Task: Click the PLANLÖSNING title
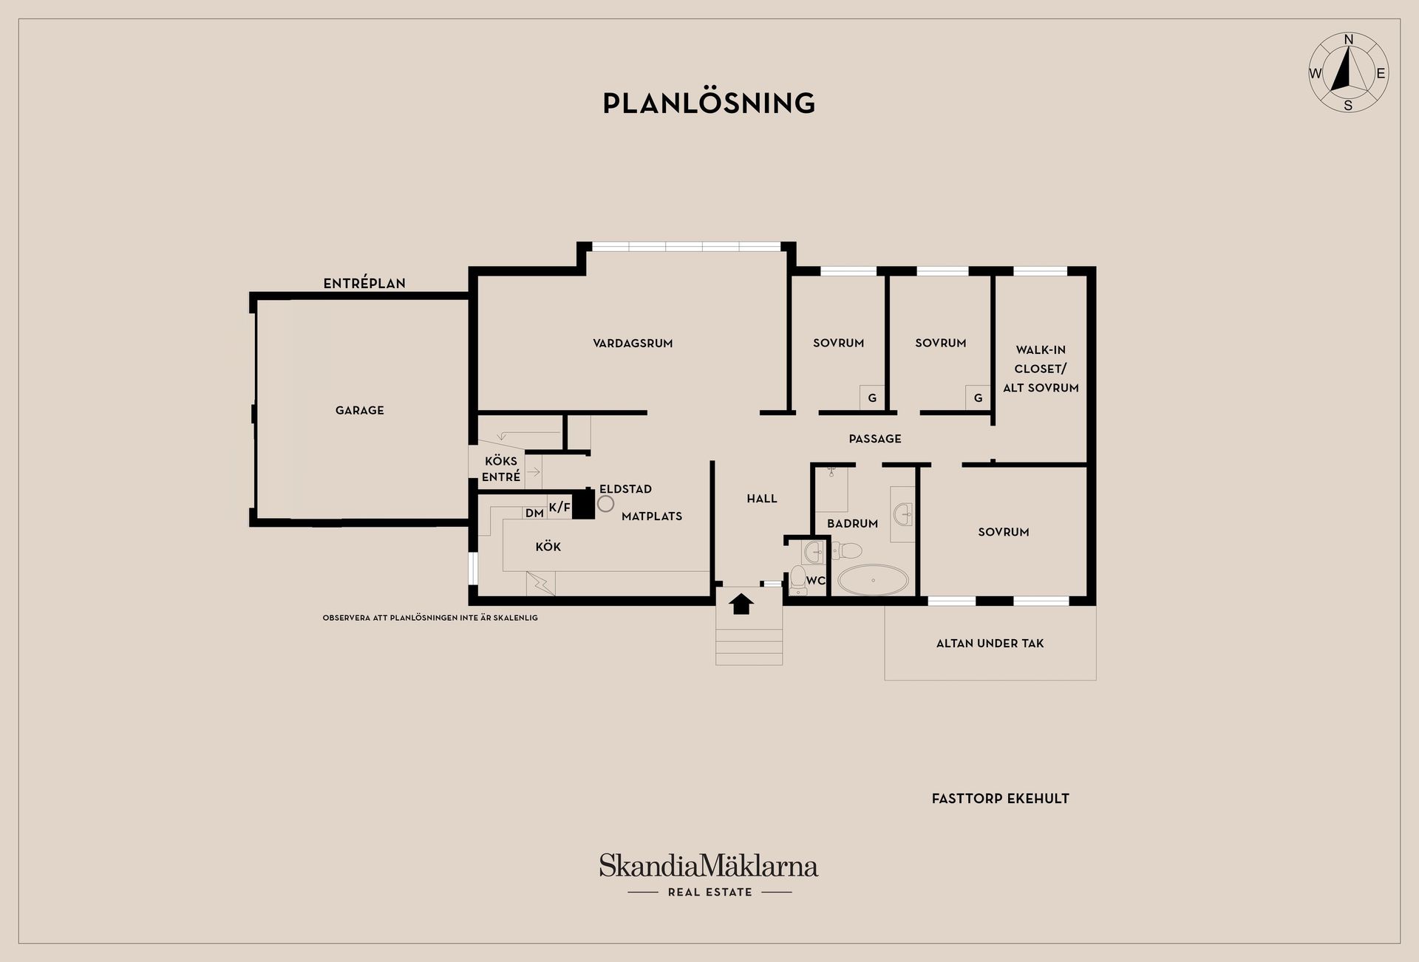pyautogui.click(x=709, y=103)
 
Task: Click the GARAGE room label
pyautogui.click(x=360, y=410)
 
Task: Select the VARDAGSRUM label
pyautogui.click(x=633, y=343)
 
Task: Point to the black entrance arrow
pyautogui.click(x=741, y=604)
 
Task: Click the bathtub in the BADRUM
pyautogui.click(x=873, y=580)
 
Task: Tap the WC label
pyautogui.click(x=815, y=581)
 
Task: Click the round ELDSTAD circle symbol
pyautogui.click(x=606, y=504)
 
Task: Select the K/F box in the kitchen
pyautogui.click(x=559, y=507)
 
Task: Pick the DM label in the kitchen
pyautogui.click(x=534, y=513)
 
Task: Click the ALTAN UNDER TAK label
pyautogui.click(x=990, y=644)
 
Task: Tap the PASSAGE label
pyautogui.click(x=875, y=439)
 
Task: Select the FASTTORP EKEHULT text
pyautogui.click(x=1000, y=799)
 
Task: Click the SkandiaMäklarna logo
pyautogui.click(x=709, y=866)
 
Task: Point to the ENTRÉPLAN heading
pyautogui.click(x=364, y=283)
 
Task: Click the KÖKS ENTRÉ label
pyautogui.click(x=501, y=469)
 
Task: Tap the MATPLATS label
pyautogui.click(x=652, y=516)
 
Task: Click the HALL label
pyautogui.click(x=762, y=499)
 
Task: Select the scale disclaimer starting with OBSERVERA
pyautogui.click(x=430, y=618)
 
